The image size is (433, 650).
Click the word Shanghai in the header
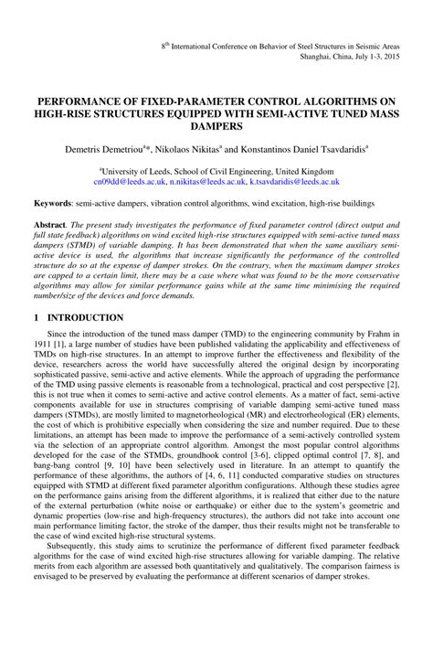315,55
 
